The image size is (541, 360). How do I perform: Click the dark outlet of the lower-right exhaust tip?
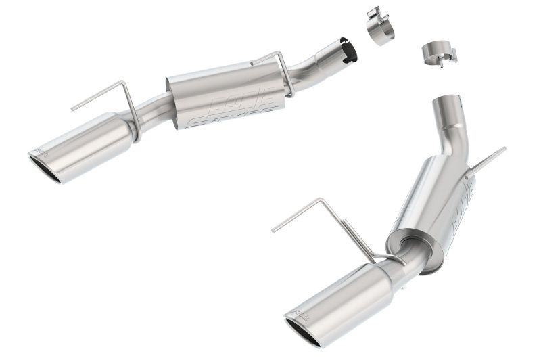308,330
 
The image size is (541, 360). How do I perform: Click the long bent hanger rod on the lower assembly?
318,213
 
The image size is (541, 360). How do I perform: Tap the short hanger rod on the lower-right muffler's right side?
485,162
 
